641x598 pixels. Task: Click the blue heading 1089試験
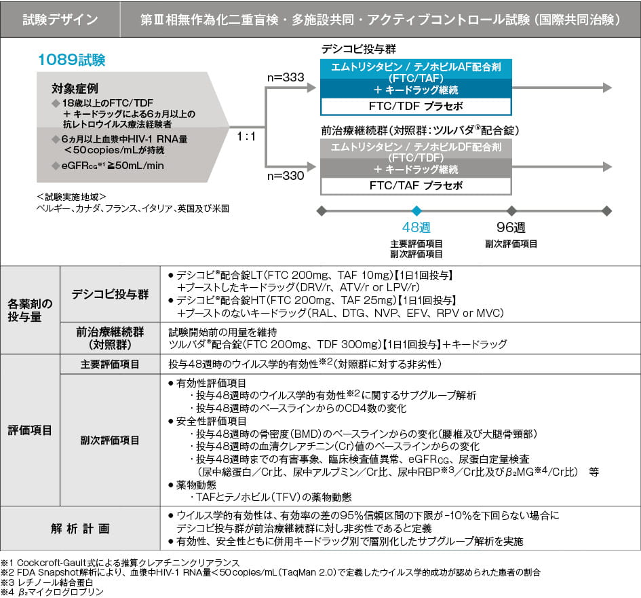71,60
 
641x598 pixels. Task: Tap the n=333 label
287,77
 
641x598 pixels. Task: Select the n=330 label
287,176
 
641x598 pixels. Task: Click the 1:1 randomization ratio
246,136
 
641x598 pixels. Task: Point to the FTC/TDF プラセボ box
416,107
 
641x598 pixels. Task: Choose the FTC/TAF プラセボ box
416,185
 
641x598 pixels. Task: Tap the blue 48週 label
416,227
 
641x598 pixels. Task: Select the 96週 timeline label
511,227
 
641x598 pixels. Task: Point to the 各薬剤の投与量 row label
30,310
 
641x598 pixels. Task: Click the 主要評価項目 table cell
110,365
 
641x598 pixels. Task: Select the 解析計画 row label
79,527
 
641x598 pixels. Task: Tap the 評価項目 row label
30,430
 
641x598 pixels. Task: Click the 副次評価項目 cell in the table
110,440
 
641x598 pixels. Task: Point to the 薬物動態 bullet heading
197,485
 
